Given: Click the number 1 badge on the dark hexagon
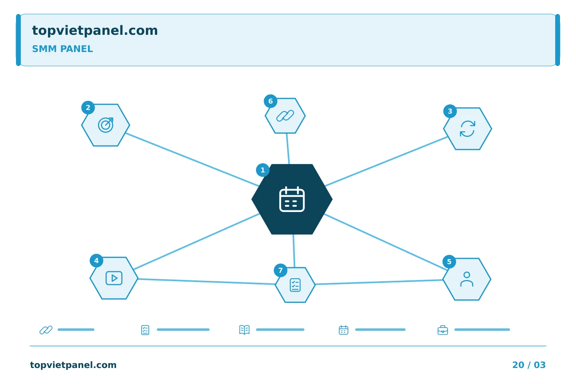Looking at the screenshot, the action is click(x=262, y=170).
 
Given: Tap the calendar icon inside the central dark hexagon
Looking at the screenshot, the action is click(x=292, y=199).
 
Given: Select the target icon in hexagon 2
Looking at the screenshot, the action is click(x=106, y=125).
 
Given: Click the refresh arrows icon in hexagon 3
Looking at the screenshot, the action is click(x=468, y=129).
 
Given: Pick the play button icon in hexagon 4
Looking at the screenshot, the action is click(x=114, y=278).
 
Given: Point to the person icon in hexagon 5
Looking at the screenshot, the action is click(x=467, y=279).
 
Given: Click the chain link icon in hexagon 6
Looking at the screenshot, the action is click(x=285, y=116).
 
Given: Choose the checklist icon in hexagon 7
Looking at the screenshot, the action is click(x=295, y=285).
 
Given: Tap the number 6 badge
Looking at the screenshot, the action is click(x=270, y=101).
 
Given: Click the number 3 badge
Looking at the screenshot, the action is click(x=450, y=111).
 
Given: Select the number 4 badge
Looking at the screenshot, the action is click(x=96, y=260).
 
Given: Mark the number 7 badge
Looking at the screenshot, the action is click(x=280, y=270).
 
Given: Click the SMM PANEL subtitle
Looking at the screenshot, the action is click(x=62, y=49).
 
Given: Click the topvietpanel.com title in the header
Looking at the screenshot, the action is click(x=95, y=30).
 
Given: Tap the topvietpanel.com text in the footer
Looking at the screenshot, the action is click(x=73, y=365).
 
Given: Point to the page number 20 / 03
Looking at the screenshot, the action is click(x=529, y=365).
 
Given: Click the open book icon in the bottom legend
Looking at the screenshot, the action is click(x=244, y=330).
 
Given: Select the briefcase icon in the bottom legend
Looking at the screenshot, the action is click(x=443, y=330).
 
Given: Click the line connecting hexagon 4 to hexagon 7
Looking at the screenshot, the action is click(x=207, y=282).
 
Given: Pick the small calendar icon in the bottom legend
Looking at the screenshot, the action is click(x=344, y=330).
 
